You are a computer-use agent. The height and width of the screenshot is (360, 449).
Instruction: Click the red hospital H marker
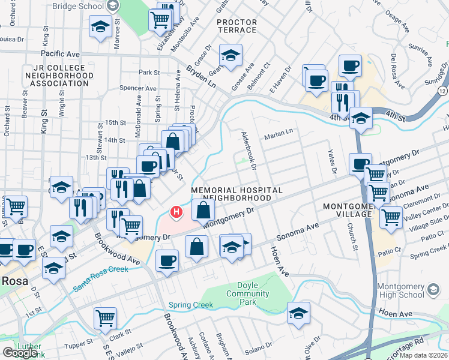click(x=176, y=212)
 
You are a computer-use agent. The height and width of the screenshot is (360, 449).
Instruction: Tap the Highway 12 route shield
click(x=442, y=90)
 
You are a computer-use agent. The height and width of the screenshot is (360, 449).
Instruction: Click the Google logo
click(x=20, y=352)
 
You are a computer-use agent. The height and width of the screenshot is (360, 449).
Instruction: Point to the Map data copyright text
click(x=423, y=355)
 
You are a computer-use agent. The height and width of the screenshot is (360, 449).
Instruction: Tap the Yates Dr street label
click(x=331, y=161)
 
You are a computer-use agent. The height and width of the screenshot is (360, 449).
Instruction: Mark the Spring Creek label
click(x=191, y=305)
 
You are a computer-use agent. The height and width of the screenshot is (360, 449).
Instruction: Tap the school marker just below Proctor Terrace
click(x=231, y=56)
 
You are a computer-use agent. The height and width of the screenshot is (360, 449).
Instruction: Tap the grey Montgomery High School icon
click(x=433, y=291)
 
